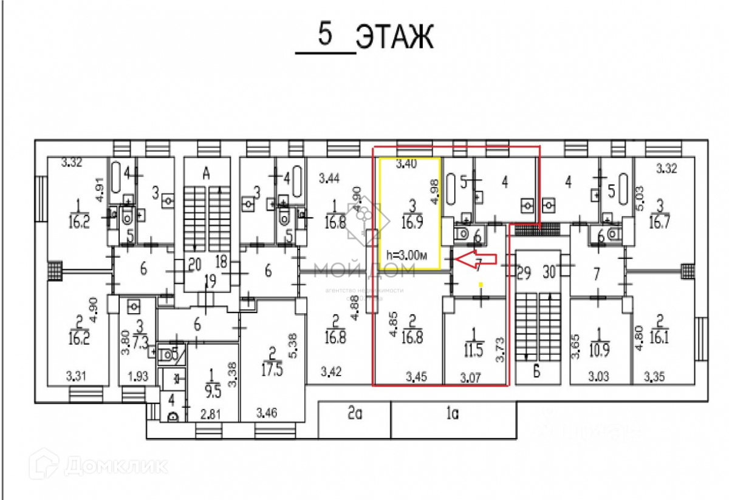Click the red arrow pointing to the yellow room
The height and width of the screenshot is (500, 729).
[x=476, y=259]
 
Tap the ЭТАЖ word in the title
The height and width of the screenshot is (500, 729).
[x=394, y=37]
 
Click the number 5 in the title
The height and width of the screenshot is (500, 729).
[x=326, y=35]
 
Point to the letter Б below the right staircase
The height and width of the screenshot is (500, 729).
[x=536, y=372]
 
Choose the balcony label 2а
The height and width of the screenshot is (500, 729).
[x=355, y=415]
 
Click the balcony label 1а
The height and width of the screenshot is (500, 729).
[x=451, y=415]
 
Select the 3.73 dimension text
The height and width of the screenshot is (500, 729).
[x=500, y=350]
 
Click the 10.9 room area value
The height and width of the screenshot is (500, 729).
[x=600, y=351]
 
